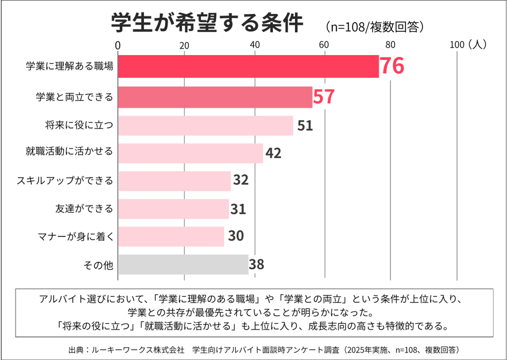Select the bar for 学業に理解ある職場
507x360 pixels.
point(248,66)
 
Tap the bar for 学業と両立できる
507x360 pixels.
point(215,97)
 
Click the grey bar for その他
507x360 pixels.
point(183,264)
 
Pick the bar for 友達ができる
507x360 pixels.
point(173,209)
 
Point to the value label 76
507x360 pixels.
point(392,66)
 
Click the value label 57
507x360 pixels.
point(324,97)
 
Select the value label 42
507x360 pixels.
point(273,153)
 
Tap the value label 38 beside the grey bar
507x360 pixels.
point(257,264)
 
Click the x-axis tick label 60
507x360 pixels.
point(324,45)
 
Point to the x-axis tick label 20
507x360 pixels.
point(184,45)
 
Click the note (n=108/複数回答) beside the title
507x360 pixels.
point(374,26)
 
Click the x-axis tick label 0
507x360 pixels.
point(118,45)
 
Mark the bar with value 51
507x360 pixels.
point(205,126)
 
